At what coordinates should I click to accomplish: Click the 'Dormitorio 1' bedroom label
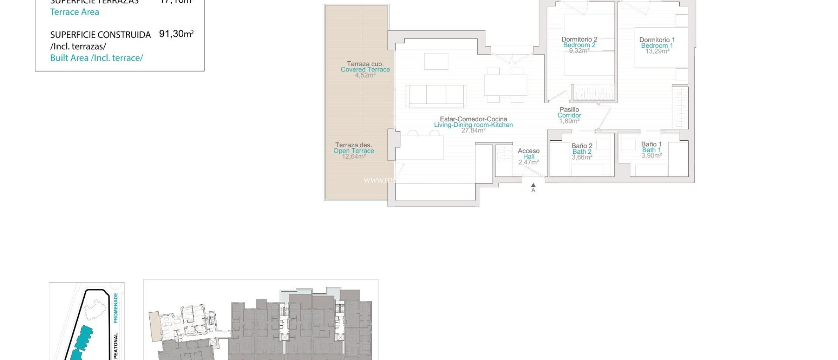(657, 40)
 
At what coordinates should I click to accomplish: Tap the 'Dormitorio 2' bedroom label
(579, 39)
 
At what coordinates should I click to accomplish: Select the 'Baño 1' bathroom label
(651, 144)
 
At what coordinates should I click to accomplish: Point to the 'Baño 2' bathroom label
(582, 146)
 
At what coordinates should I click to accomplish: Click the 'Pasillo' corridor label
(569, 110)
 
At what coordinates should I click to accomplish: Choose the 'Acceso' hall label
(529, 151)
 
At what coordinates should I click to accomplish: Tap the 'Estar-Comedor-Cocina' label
(473, 119)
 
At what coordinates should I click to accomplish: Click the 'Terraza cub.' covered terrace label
(365, 64)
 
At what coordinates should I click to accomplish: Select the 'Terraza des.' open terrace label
(354, 145)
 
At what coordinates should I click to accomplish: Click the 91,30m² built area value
(176, 34)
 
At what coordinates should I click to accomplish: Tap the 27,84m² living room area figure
(473, 130)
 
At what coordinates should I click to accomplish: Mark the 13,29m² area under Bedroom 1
(657, 51)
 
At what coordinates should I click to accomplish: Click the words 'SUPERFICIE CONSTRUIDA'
(100, 35)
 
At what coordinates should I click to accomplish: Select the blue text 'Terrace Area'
(74, 12)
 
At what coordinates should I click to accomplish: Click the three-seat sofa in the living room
(436, 95)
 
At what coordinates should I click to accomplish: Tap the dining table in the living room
(506, 85)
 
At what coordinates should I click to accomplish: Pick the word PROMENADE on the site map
(115, 308)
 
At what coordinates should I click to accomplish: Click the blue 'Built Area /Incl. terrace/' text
(97, 58)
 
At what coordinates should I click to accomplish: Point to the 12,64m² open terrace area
(354, 156)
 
